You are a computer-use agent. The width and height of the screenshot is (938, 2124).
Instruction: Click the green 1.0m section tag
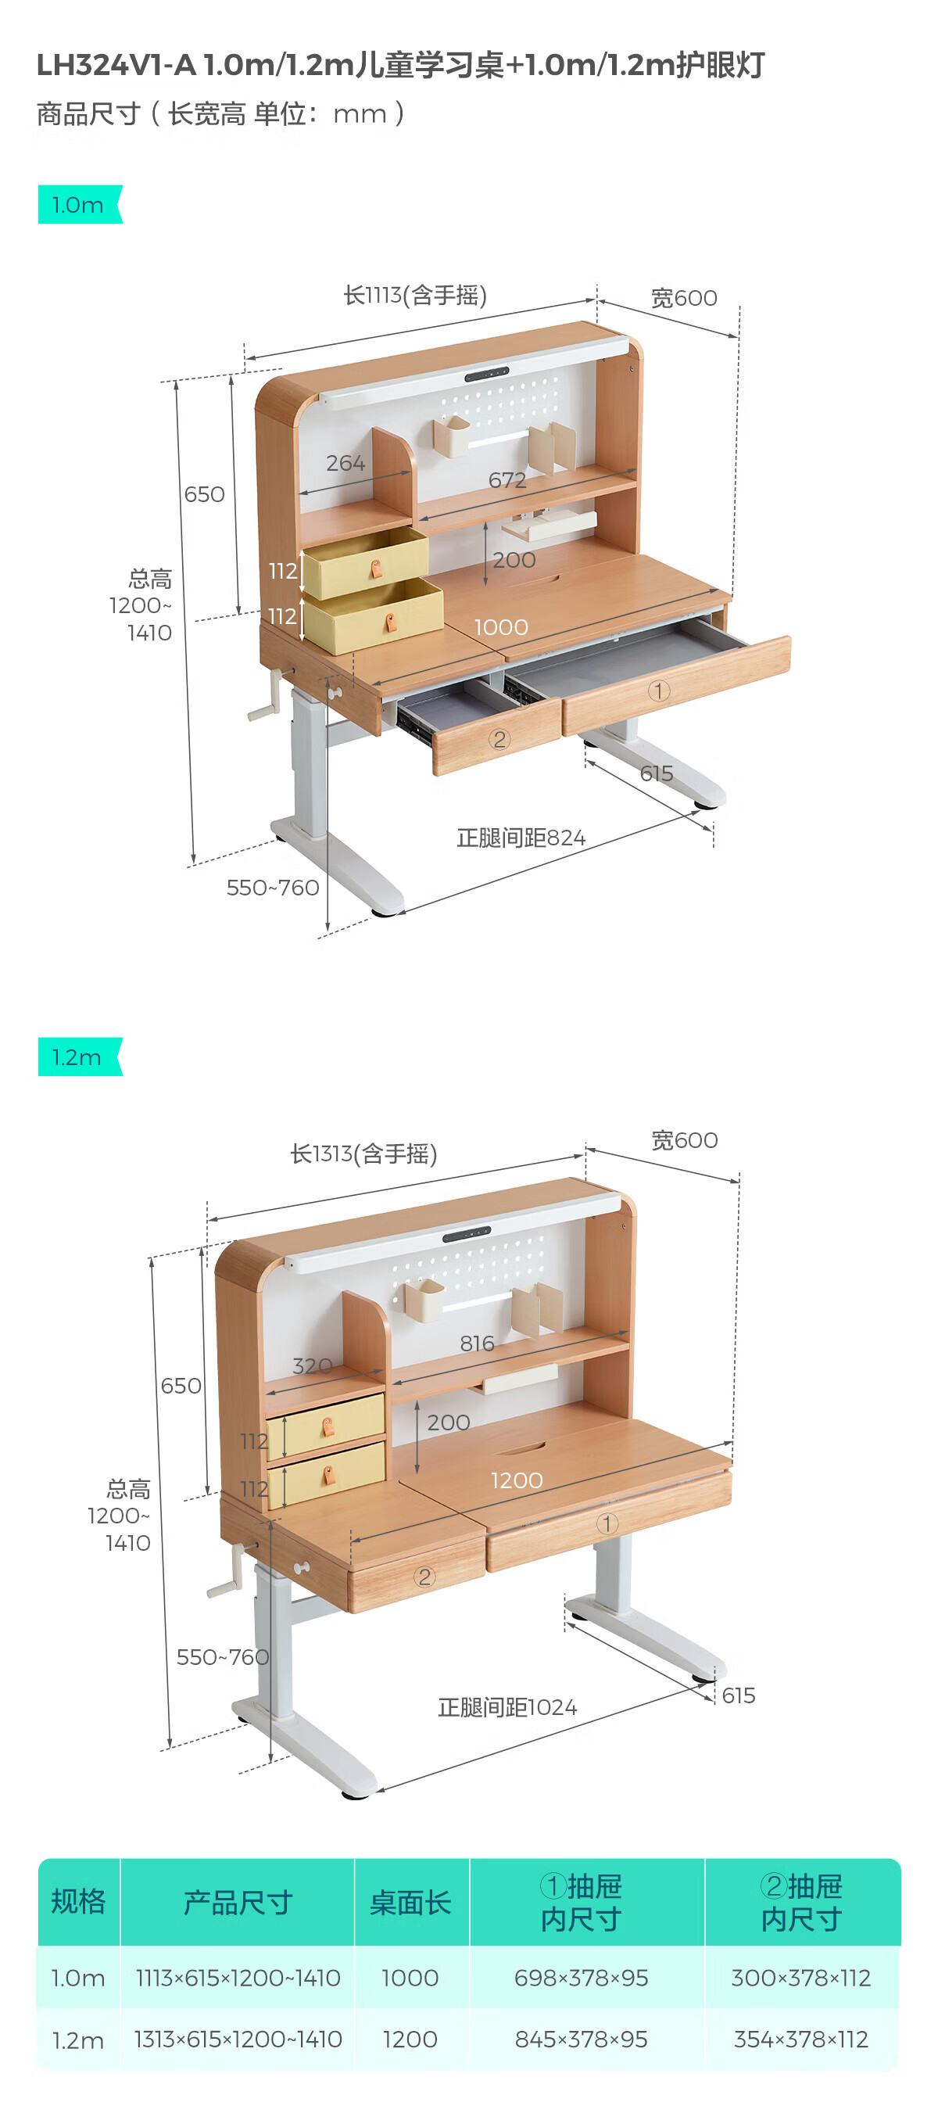[79, 204]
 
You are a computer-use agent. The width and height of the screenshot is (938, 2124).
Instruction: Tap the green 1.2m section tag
[79, 1057]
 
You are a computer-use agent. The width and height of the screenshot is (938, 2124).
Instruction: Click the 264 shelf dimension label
[345, 464]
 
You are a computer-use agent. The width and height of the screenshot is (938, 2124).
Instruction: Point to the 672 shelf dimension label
[507, 480]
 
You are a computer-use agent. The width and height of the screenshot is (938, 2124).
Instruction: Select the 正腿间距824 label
[521, 838]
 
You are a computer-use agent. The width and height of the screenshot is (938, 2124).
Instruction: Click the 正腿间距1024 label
[507, 1706]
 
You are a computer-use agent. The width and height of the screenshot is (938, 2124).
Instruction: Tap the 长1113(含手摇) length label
[414, 295]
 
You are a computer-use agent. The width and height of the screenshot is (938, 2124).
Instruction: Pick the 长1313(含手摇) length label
[363, 1153]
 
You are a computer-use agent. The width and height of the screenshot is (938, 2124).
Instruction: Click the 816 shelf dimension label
[478, 1344]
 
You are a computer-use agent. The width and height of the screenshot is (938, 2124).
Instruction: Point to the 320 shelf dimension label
[313, 1366]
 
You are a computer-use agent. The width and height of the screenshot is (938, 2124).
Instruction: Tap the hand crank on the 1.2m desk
[226, 1575]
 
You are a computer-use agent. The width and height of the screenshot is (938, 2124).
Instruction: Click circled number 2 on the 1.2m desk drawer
[424, 1577]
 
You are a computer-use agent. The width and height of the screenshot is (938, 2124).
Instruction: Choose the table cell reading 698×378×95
[581, 1977]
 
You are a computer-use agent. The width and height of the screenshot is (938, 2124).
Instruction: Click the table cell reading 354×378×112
[800, 2039]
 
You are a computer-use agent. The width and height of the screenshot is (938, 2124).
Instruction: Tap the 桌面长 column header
[410, 1903]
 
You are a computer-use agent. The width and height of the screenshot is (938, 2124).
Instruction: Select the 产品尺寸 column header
[238, 1903]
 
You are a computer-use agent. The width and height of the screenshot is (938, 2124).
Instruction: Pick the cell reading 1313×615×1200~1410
[238, 2039]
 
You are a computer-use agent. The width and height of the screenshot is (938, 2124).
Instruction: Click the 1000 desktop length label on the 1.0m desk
[501, 627]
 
